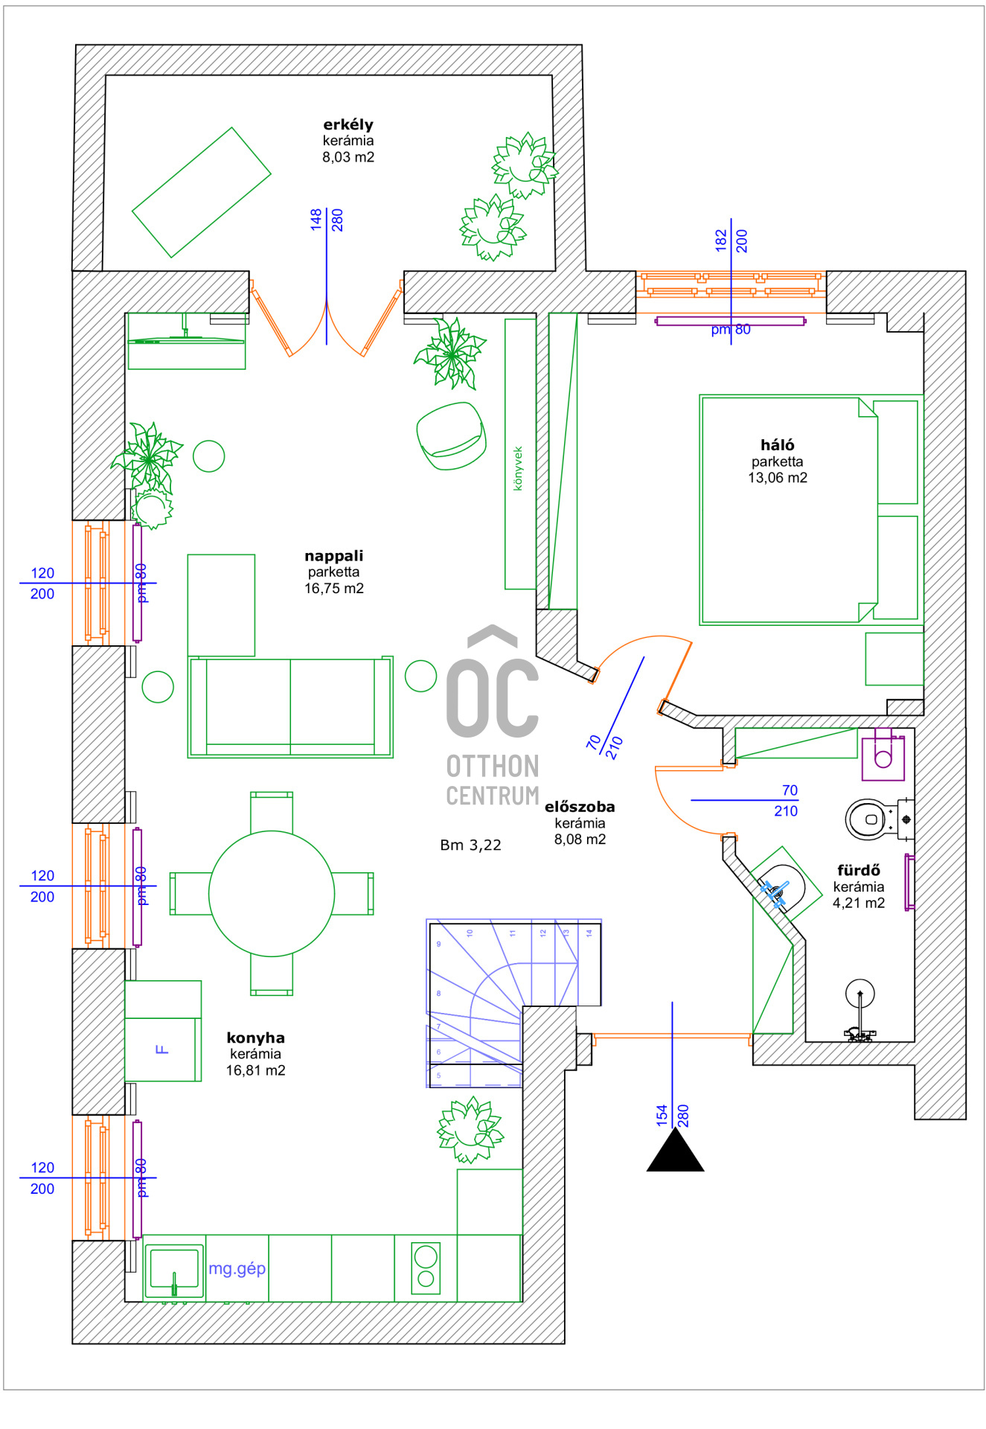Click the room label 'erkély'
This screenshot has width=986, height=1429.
(x=348, y=124)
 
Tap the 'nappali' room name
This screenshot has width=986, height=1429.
(x=333, y=556)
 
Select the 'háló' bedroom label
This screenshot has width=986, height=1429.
(x=777, y=445)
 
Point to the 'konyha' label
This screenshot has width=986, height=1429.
(x=255, y=1038)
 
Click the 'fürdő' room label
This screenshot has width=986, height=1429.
(x=858, y=870)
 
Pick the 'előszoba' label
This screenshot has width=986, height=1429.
(x=580, y=807)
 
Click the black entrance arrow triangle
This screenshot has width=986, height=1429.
(x=675, y=1153)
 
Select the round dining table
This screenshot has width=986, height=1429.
(x=272, y=893)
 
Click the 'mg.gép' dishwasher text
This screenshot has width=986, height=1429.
(x=237, y=1268)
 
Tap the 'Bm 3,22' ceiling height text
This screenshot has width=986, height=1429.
(x=470, y=845)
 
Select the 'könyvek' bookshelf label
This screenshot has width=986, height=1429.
(x=519, y=468)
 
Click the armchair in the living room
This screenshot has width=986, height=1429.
(x=451, y=436)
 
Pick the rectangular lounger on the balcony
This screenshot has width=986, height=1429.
(x=201, y=193)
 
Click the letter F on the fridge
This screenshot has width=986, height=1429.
(x=161, y=1049)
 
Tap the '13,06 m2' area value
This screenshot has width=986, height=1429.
(x=777, y=478)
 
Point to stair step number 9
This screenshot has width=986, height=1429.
(x=438, y=944)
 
